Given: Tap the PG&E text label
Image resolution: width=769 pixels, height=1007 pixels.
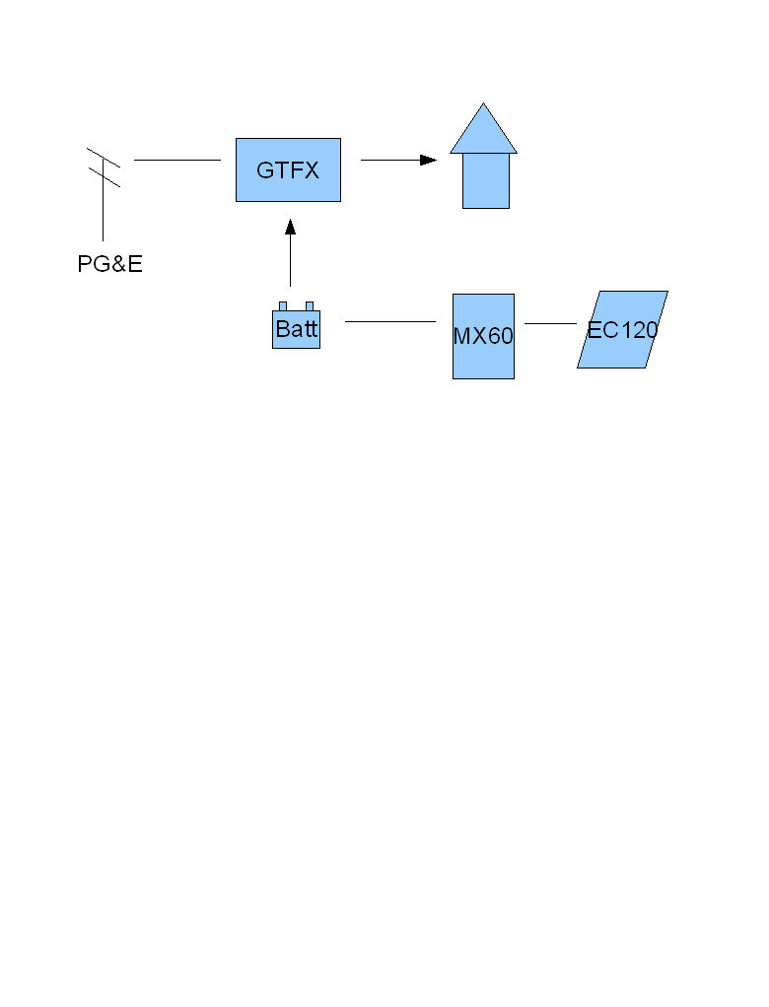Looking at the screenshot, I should click(x=110, y=264).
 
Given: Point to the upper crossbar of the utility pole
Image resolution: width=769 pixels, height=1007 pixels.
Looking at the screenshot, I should click(x=104, y=158).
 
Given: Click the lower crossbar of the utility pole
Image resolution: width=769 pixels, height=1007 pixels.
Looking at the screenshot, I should click(x=104, y=176).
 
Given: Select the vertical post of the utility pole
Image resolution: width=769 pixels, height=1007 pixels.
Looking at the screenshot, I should click(x=103, y=212).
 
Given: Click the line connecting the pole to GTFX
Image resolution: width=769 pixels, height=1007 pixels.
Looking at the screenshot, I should click(x=177, y=160).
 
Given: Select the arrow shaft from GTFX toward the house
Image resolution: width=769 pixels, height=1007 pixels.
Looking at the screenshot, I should click(x=389, y=160).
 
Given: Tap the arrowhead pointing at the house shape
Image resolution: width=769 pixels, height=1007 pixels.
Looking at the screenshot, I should click(x=428, y=160).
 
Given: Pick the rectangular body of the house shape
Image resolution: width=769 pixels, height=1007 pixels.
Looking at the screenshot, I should click(x=486, y=181).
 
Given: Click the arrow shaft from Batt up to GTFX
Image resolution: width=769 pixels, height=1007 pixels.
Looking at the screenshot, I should click(x=290, y=261).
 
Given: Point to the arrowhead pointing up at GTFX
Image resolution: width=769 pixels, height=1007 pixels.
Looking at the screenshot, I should click(x=290, y=228).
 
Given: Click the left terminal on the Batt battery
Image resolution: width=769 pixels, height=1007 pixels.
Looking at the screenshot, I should click(x=283, y=305).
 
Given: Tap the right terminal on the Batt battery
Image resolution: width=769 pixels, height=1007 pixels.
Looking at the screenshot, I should click(x=310, y=305).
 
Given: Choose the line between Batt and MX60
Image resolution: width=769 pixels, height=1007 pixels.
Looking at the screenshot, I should click(x=390, y=321).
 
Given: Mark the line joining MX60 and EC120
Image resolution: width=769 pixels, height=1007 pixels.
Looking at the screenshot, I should click(x=550, y=323).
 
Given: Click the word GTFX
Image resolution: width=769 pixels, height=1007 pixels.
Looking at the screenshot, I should click(x=288, y=170).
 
